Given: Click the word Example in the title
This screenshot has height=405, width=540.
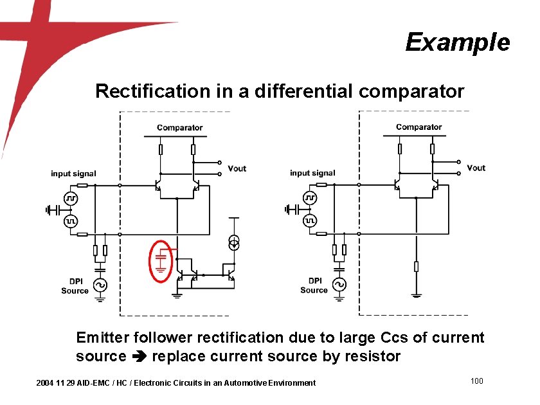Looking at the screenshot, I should pyautogui.click(x=457, y=42).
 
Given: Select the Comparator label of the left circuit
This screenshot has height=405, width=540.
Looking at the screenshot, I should pyautogui.click(x=180, y=128).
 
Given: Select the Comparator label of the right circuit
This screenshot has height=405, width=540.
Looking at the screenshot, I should pyautogui.click(x=419, y=127).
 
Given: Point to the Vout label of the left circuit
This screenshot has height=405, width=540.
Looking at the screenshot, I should pyautogui.click(x=237, y=168).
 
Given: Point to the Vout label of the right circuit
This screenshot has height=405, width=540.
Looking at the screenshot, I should pyautogui.click(x=476, y=168).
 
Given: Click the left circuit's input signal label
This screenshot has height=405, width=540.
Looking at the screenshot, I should pyautogui.click(x=73, y=174).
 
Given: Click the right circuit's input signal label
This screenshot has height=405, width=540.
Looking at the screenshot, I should pyautogui.click(x=312, y=173).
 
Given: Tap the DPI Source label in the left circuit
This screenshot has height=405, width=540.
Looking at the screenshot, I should pyautogui.click(x=75, y=286).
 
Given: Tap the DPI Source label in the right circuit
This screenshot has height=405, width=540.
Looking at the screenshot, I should pyautogui.click(x=314, y=285).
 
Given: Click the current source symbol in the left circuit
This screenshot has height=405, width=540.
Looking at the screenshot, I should pyautogui.click(x=235, y=243).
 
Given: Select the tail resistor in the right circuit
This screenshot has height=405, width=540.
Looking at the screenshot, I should pyautogui.click(x=416, y=266).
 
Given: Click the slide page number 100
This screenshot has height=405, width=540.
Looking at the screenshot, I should pyautogui.click(x=476, y=382).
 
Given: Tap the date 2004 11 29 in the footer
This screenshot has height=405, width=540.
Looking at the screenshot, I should pyautogui.click(x=56, y=383).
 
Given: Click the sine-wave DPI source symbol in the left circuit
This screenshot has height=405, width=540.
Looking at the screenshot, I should pyautogui.click(x=100, y=284).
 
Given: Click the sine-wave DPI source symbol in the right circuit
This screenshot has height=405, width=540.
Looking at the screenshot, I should pyautogui.click(x=339, y=283).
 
